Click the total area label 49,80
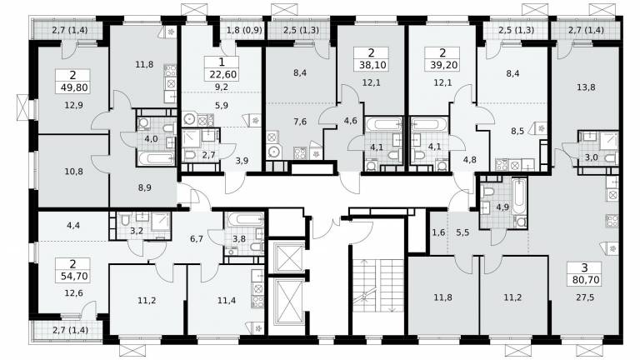pos(73,87)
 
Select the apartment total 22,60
pos(222,74)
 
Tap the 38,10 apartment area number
pos(371,64)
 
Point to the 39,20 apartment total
pos(442,64)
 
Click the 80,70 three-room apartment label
pos(584,280)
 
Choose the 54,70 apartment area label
pos(73,276)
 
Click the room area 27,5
pos(585,297)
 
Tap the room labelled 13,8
pos(586,87)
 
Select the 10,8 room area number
pos(73,172)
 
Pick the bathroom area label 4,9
pos(502,207)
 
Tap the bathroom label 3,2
pos(137,230)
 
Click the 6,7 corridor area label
pos(197,238)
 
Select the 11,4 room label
pos(227,301)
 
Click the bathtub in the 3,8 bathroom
pos(243,218)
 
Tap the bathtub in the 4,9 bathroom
pos(520,195)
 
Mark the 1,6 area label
pos(438,232)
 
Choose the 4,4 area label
pos(73,224)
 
